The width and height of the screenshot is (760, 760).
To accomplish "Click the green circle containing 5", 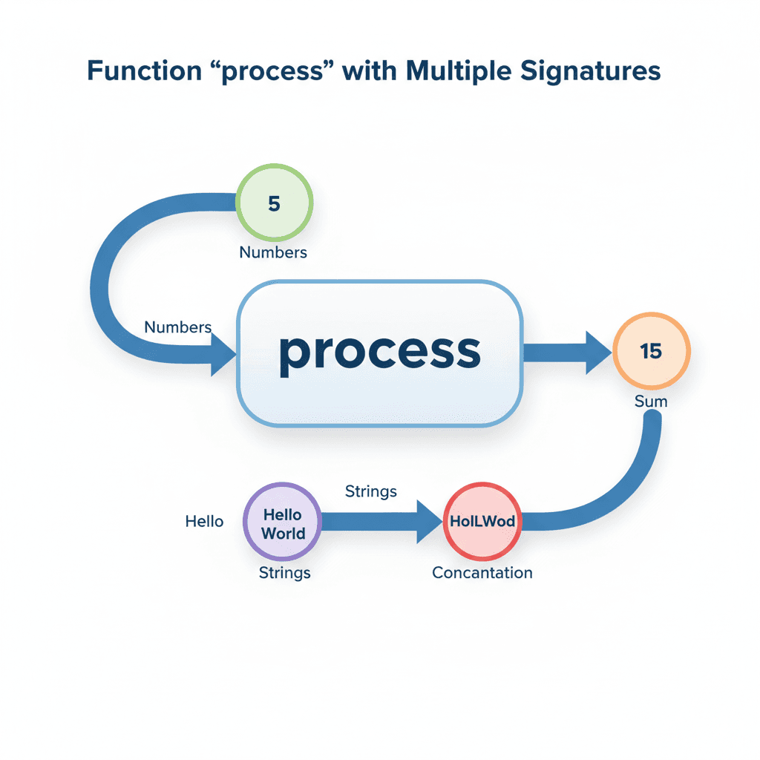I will (274, 203).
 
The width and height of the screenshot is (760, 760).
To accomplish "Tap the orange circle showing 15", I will (652, 351).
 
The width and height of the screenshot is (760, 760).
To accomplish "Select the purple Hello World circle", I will (283, 524).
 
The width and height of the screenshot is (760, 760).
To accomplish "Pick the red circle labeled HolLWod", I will (482, 521).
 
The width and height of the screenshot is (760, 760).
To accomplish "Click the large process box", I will (380, 353).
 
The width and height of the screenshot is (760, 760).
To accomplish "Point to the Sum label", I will (651, 402).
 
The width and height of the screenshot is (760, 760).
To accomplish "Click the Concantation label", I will (482, 573).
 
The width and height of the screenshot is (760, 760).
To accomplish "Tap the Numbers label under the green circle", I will (273, 252).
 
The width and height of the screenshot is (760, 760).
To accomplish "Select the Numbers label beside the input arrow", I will (178, 327).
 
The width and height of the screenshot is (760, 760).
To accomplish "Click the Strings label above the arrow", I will (371, 491).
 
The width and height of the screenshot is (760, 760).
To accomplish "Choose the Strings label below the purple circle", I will (285, 573).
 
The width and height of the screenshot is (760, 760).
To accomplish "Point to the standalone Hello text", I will (204, 522).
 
